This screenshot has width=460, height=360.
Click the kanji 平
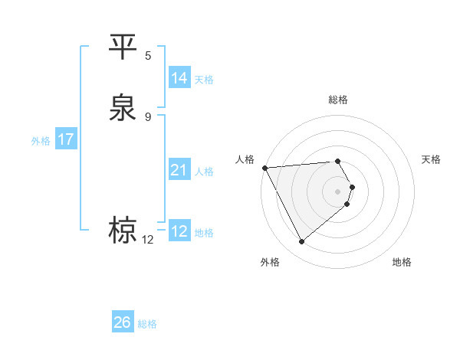pos(123,47)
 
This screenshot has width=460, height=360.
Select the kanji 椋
pos(123,230)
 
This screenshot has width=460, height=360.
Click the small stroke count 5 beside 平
pos(148,55)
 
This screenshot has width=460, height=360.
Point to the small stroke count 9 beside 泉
pos(148,116)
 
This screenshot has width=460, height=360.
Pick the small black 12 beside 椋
pos(148,240)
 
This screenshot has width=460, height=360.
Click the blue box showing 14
pos(179,78)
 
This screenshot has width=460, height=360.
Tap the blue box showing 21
pos(179,170)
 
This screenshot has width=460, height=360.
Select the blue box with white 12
pos(179,231)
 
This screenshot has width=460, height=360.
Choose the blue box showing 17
pos(66,139)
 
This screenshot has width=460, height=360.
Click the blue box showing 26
pos(123,322)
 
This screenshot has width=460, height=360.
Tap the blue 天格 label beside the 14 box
pos(204,79)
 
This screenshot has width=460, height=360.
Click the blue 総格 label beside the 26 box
pos(147,324)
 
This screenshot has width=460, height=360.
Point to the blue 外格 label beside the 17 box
pos(41,141)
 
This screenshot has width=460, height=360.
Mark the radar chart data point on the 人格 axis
pos(264,167)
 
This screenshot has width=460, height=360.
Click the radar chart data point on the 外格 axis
pos(301,242)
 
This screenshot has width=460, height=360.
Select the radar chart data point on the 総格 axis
pos(338,161)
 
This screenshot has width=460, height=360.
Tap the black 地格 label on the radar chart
pos(402,262)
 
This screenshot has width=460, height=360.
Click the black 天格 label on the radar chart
pos(431,159)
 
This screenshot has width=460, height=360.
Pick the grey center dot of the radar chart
pos(338,191)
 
